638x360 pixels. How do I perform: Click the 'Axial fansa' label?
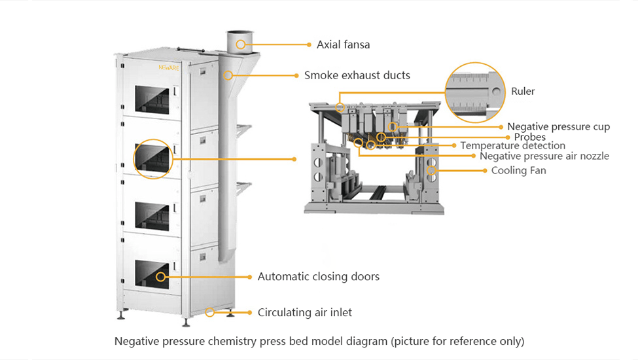(343, 45)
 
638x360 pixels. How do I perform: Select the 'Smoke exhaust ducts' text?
(357, 75)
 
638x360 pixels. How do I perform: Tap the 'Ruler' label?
(523, 91)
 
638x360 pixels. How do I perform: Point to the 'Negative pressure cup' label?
(558, 127)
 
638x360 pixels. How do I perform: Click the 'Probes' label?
(530, 137)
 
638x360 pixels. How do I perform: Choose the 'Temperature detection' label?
(512, 145)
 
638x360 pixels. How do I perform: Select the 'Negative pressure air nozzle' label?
(544, 156)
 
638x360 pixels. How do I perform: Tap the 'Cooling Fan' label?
(518, 170)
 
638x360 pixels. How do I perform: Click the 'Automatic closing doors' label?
(318, 277)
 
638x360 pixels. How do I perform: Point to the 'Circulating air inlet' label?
(305, 312)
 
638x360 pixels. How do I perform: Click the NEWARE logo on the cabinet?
(168, 67)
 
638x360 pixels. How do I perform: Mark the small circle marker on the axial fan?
(241, 45)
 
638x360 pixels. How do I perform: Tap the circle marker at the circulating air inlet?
(209, 312)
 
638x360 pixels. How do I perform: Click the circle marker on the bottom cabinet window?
(161, 277)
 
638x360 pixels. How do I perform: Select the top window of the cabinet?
(152, 99)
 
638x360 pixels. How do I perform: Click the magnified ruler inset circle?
(475, 63)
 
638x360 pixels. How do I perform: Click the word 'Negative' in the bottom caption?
(136, 341)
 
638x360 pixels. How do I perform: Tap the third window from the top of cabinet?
(152, 216)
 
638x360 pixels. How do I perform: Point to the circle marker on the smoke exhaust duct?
(228, 75)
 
